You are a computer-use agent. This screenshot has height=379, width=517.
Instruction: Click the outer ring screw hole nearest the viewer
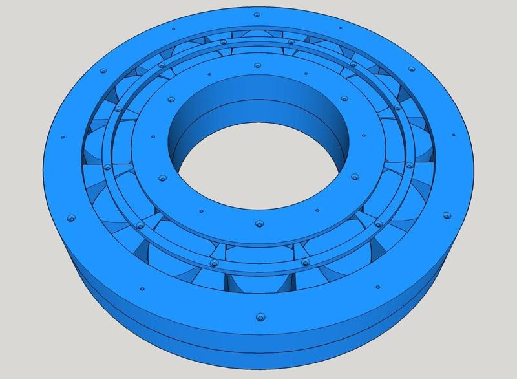pyautogui.click(x=260, y=317)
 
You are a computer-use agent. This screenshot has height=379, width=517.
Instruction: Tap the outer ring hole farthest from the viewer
pyautogui.click(x=257, y=14)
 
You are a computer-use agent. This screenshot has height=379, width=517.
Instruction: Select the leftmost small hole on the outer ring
pyautogui.click(x=62, y=138)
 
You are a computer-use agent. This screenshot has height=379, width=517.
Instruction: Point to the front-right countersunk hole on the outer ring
pyautogui.click(x=445, y=213)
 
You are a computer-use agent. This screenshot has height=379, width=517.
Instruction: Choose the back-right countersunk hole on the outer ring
pyautogui.click(x=410, y=68)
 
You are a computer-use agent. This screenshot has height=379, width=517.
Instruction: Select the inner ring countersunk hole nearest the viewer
pyautogui.click(x=259, y=224)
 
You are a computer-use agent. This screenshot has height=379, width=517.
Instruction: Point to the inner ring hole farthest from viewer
pyautogui.click(x=258, y=65)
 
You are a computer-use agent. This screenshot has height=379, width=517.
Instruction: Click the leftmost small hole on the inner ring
pyautogui.click(x=151, y=137)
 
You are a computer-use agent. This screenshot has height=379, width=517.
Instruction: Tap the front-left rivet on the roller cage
pyautogui.click(x=214, y=264)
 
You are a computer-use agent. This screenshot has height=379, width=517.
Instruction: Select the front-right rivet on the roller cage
pyautogui.click(x=305, y=263)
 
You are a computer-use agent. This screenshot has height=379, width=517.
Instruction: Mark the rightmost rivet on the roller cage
pyautogui.click(x=409, y=166)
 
